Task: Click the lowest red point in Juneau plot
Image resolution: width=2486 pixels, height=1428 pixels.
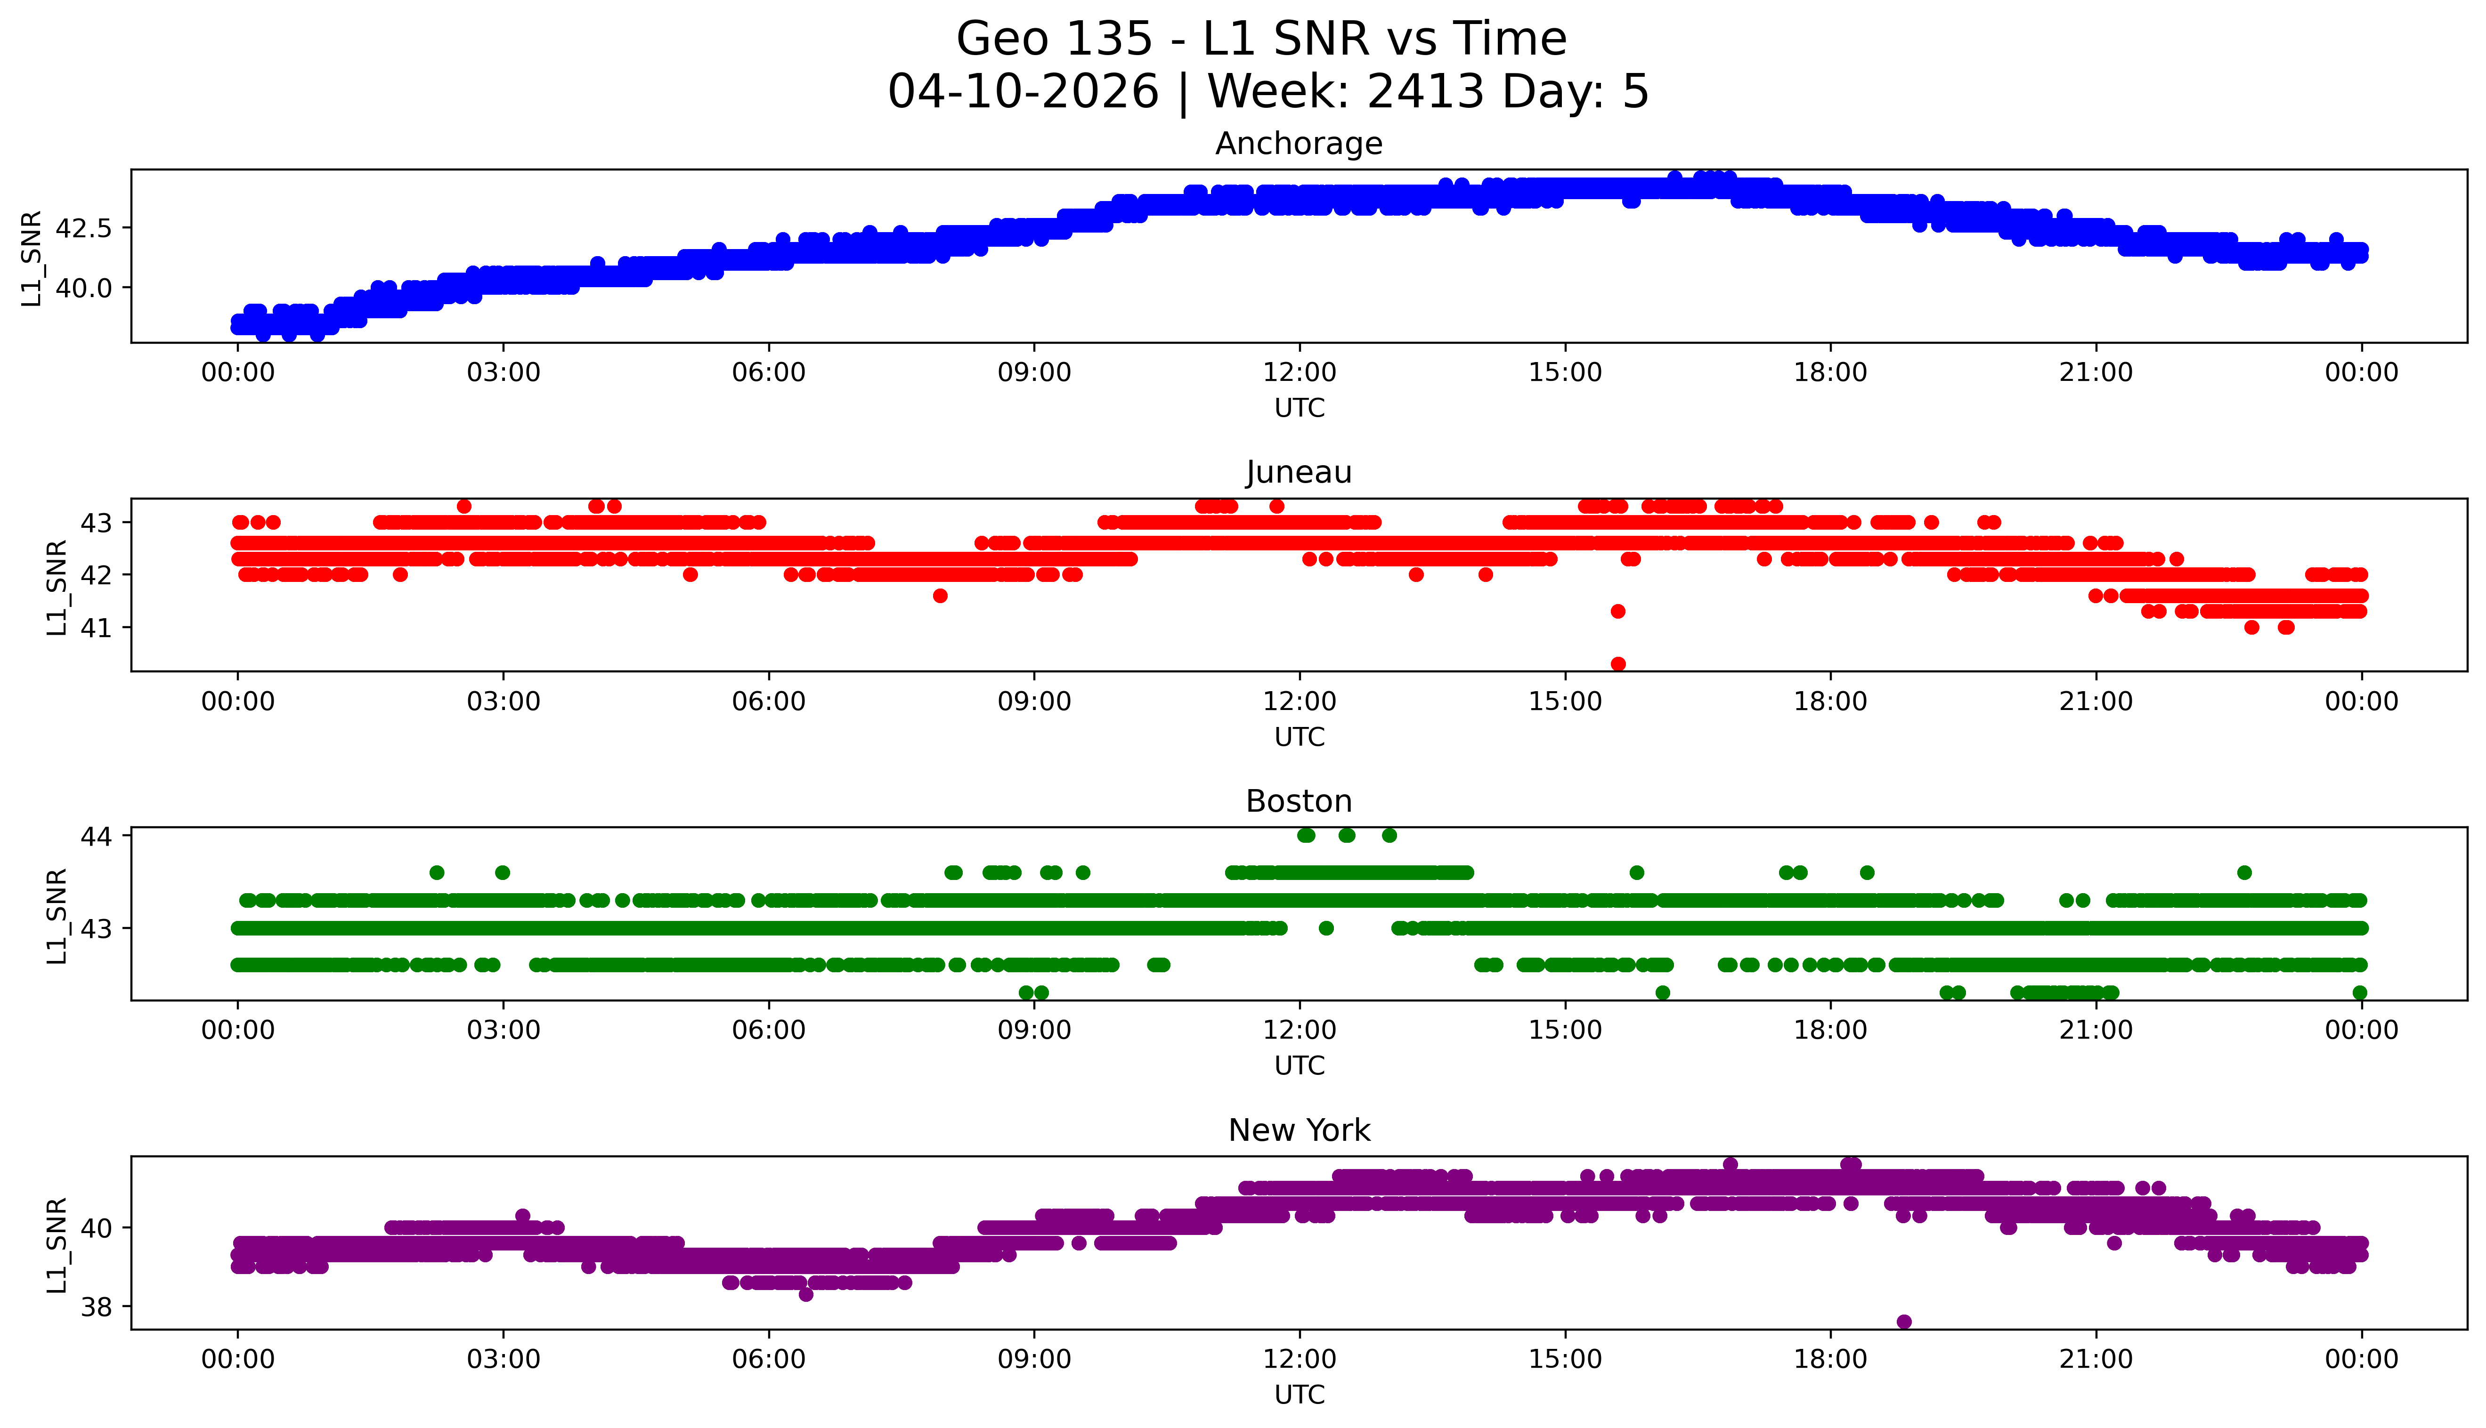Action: tap(1618, 664)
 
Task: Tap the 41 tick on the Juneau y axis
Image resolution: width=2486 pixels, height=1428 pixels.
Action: tap(97, 628)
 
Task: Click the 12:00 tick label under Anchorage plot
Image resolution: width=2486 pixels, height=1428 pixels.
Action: tap(1299, 373)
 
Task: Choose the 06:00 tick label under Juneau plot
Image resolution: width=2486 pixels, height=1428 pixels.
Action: tap(768, 701)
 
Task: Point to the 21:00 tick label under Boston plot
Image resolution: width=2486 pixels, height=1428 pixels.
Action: tap(2096, 1030)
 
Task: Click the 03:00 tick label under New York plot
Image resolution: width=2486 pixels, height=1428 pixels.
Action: tap(504, 1359)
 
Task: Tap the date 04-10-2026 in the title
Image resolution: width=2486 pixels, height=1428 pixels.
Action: tap(1023, 92)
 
